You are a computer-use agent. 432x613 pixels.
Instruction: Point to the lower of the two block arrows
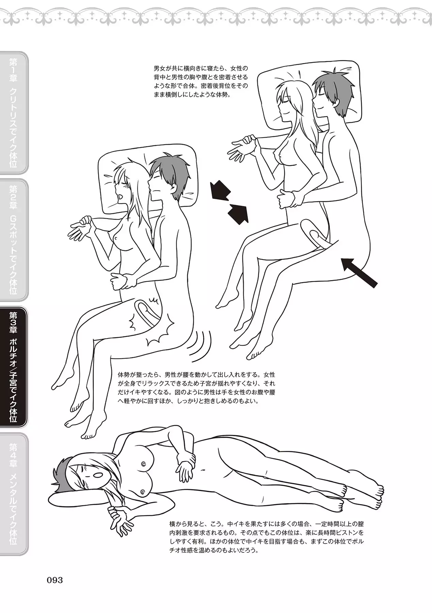(238, 213)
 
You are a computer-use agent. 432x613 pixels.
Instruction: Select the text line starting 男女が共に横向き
(201, 67)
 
